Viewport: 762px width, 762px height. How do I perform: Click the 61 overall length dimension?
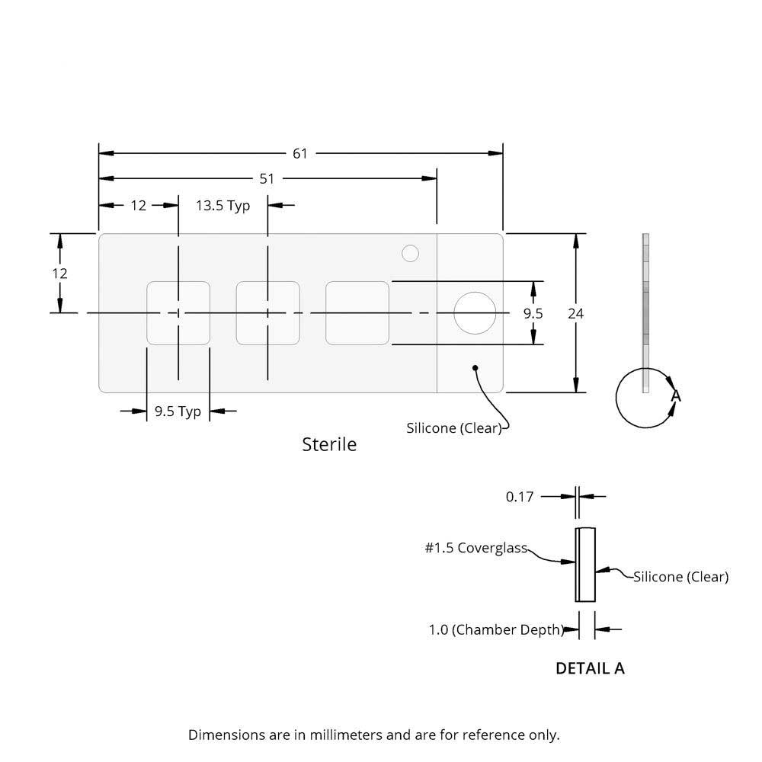pyautogui.click(x=300, y=153)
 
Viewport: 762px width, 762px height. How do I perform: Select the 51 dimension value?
pyautogui.click(x=267, y=178)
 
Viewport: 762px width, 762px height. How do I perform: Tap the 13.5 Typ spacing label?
pyautogui.click(x=223, y=205)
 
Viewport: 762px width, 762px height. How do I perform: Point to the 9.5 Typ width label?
pyautogui.click(x=178, y=411)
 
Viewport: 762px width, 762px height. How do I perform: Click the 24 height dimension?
pyautogui.click(x=576, y=313)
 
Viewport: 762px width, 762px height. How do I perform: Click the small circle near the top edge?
pyautogui.click(x=411, y=253)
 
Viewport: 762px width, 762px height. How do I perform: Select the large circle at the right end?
pyautogui.click(x=475, y=313)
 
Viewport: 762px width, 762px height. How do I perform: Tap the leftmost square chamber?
pyautogui.click(x=178, y=313)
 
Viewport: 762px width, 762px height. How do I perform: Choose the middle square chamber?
pyautogui.click(x=267, y=313)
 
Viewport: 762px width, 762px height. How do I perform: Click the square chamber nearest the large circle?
pyautogui.click(x=357, y=313)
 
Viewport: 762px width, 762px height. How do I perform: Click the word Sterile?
pyautogui.click(x=329, y=443)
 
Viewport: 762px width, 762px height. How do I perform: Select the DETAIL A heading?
pyautogui.click(x=590, y=668)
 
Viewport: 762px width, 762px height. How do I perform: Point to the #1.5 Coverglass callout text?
pyautogui.click(x=475, y=547)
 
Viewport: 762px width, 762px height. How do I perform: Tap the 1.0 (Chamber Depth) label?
pyautogui.click(x=495, y=630)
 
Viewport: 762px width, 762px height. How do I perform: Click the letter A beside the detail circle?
pyautogui.click(x=675, y=396)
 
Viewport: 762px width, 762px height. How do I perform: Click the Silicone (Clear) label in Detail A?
pyautogui.click(x=680, y=577)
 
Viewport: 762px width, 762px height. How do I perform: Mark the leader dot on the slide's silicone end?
pyautogui.click(x=475, y=368)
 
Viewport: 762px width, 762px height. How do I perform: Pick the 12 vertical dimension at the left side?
pyautogui.click(x=60, y=273)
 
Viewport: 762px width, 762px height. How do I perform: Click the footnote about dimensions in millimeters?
pyautogui.click(x=373, y=735)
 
